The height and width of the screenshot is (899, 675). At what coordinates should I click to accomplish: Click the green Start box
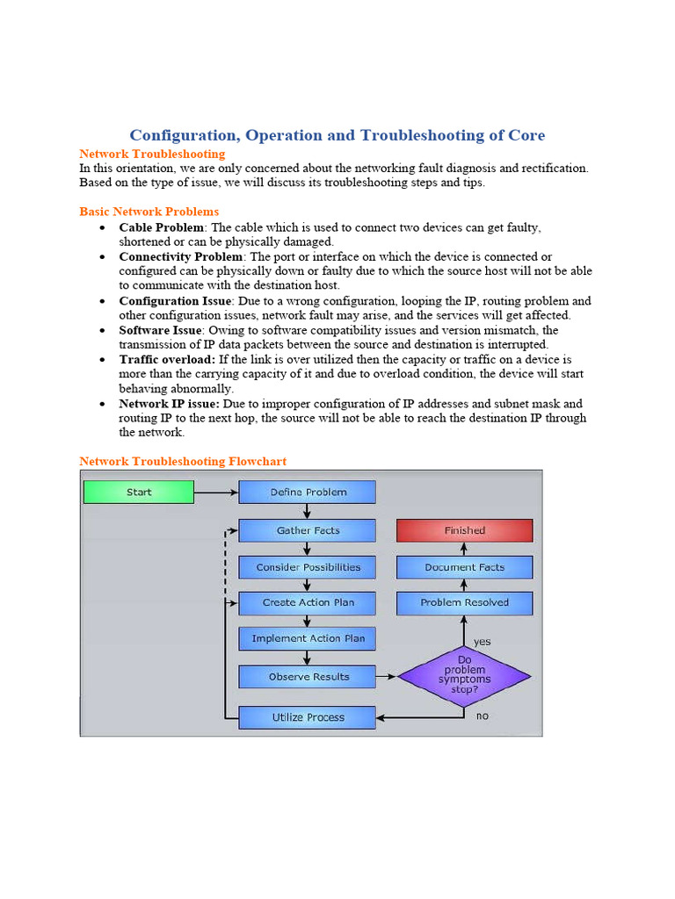[x=138, y=492]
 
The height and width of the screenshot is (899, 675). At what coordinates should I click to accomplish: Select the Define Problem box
[x=308, y=492]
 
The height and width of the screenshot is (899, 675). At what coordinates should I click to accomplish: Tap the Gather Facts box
[x=308, y=530]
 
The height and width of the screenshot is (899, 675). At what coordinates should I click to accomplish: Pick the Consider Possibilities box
[x=308, y=567]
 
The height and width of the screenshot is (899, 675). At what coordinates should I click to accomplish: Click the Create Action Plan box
[x=308, y=603]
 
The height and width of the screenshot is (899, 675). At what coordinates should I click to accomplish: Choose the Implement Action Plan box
[x=308, y=638]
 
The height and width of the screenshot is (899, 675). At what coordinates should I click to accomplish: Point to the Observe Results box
[x=308, y=677]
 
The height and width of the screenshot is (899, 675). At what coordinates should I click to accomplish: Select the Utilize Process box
[x=308, y=717]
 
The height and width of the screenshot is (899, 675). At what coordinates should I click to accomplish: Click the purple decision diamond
[x=464, y=676]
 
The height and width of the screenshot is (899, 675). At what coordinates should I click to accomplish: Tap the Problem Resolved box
[x=464, y=603]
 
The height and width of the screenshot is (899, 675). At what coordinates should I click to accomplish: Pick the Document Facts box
[x=464, y=567]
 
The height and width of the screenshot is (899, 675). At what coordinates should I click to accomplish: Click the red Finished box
[x=464, y=530]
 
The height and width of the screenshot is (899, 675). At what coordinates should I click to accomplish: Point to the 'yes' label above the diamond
[x=482, y=642]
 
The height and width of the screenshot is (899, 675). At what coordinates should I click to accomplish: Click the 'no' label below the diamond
[x=482, y=716]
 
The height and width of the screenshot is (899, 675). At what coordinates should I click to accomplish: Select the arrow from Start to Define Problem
[x=216, y=493]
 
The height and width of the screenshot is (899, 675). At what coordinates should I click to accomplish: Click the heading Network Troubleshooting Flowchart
[x=183, y=461]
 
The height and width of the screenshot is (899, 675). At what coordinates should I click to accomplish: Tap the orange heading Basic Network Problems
[x=149, y=212]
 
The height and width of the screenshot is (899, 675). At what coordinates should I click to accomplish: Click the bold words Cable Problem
[x=161, y=227]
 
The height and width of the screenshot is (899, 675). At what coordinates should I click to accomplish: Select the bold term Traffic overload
[x=167, y=360]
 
